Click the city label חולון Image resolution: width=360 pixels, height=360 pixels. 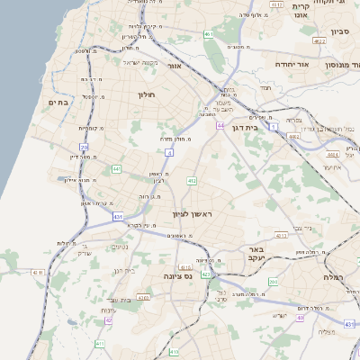146,94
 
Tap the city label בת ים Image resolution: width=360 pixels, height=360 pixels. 58,103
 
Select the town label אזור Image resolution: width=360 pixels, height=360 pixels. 175,66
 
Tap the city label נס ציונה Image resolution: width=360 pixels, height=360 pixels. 179,278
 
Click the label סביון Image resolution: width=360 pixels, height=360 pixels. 339,31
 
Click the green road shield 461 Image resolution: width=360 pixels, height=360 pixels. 208,34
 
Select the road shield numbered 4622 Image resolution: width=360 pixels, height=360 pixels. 319,41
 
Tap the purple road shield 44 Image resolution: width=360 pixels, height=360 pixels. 220,126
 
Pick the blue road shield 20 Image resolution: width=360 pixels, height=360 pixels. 84,146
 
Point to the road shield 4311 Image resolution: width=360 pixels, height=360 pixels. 280,236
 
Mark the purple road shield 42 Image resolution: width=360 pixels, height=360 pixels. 108,319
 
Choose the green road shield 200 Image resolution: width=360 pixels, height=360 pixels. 274,283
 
